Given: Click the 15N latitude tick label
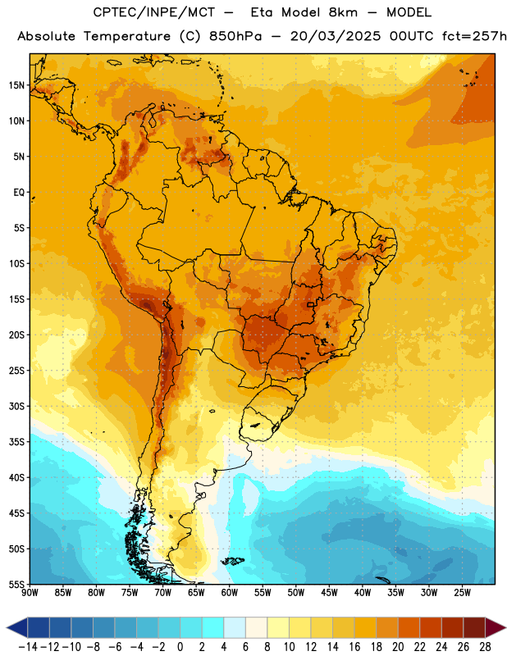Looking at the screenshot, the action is click(x=16, y=85).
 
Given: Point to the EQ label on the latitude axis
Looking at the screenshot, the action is click(x=19, y=193).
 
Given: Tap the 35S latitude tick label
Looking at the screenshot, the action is click(x=16, y=442).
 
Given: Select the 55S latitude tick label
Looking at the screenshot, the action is click(x=16, y=585).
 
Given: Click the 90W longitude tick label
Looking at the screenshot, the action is click(x=30, y=593).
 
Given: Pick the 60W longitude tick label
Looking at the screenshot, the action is click(x=230, y=593).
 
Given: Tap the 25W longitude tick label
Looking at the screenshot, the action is click(x=462, y=593).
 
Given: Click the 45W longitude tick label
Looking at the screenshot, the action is click(x=329, y=593).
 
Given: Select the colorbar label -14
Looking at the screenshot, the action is click(x=28, y=647).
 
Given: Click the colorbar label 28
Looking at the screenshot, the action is click(x=485, y=647).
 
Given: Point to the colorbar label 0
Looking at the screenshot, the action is click(x=180, y=647).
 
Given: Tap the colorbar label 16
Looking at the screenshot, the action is click(x=354, y=647).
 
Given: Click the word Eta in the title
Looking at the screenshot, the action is click(x=262, y=12).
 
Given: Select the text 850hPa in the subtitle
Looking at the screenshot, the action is click(x=235, y=36).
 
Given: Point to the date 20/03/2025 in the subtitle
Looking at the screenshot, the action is click(x=336, y=36).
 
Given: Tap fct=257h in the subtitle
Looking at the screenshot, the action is click(x=474, y=36).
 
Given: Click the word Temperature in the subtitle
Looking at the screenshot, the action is click(x=127, y=36).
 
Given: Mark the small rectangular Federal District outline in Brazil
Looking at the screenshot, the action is click(x=311, y=304).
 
